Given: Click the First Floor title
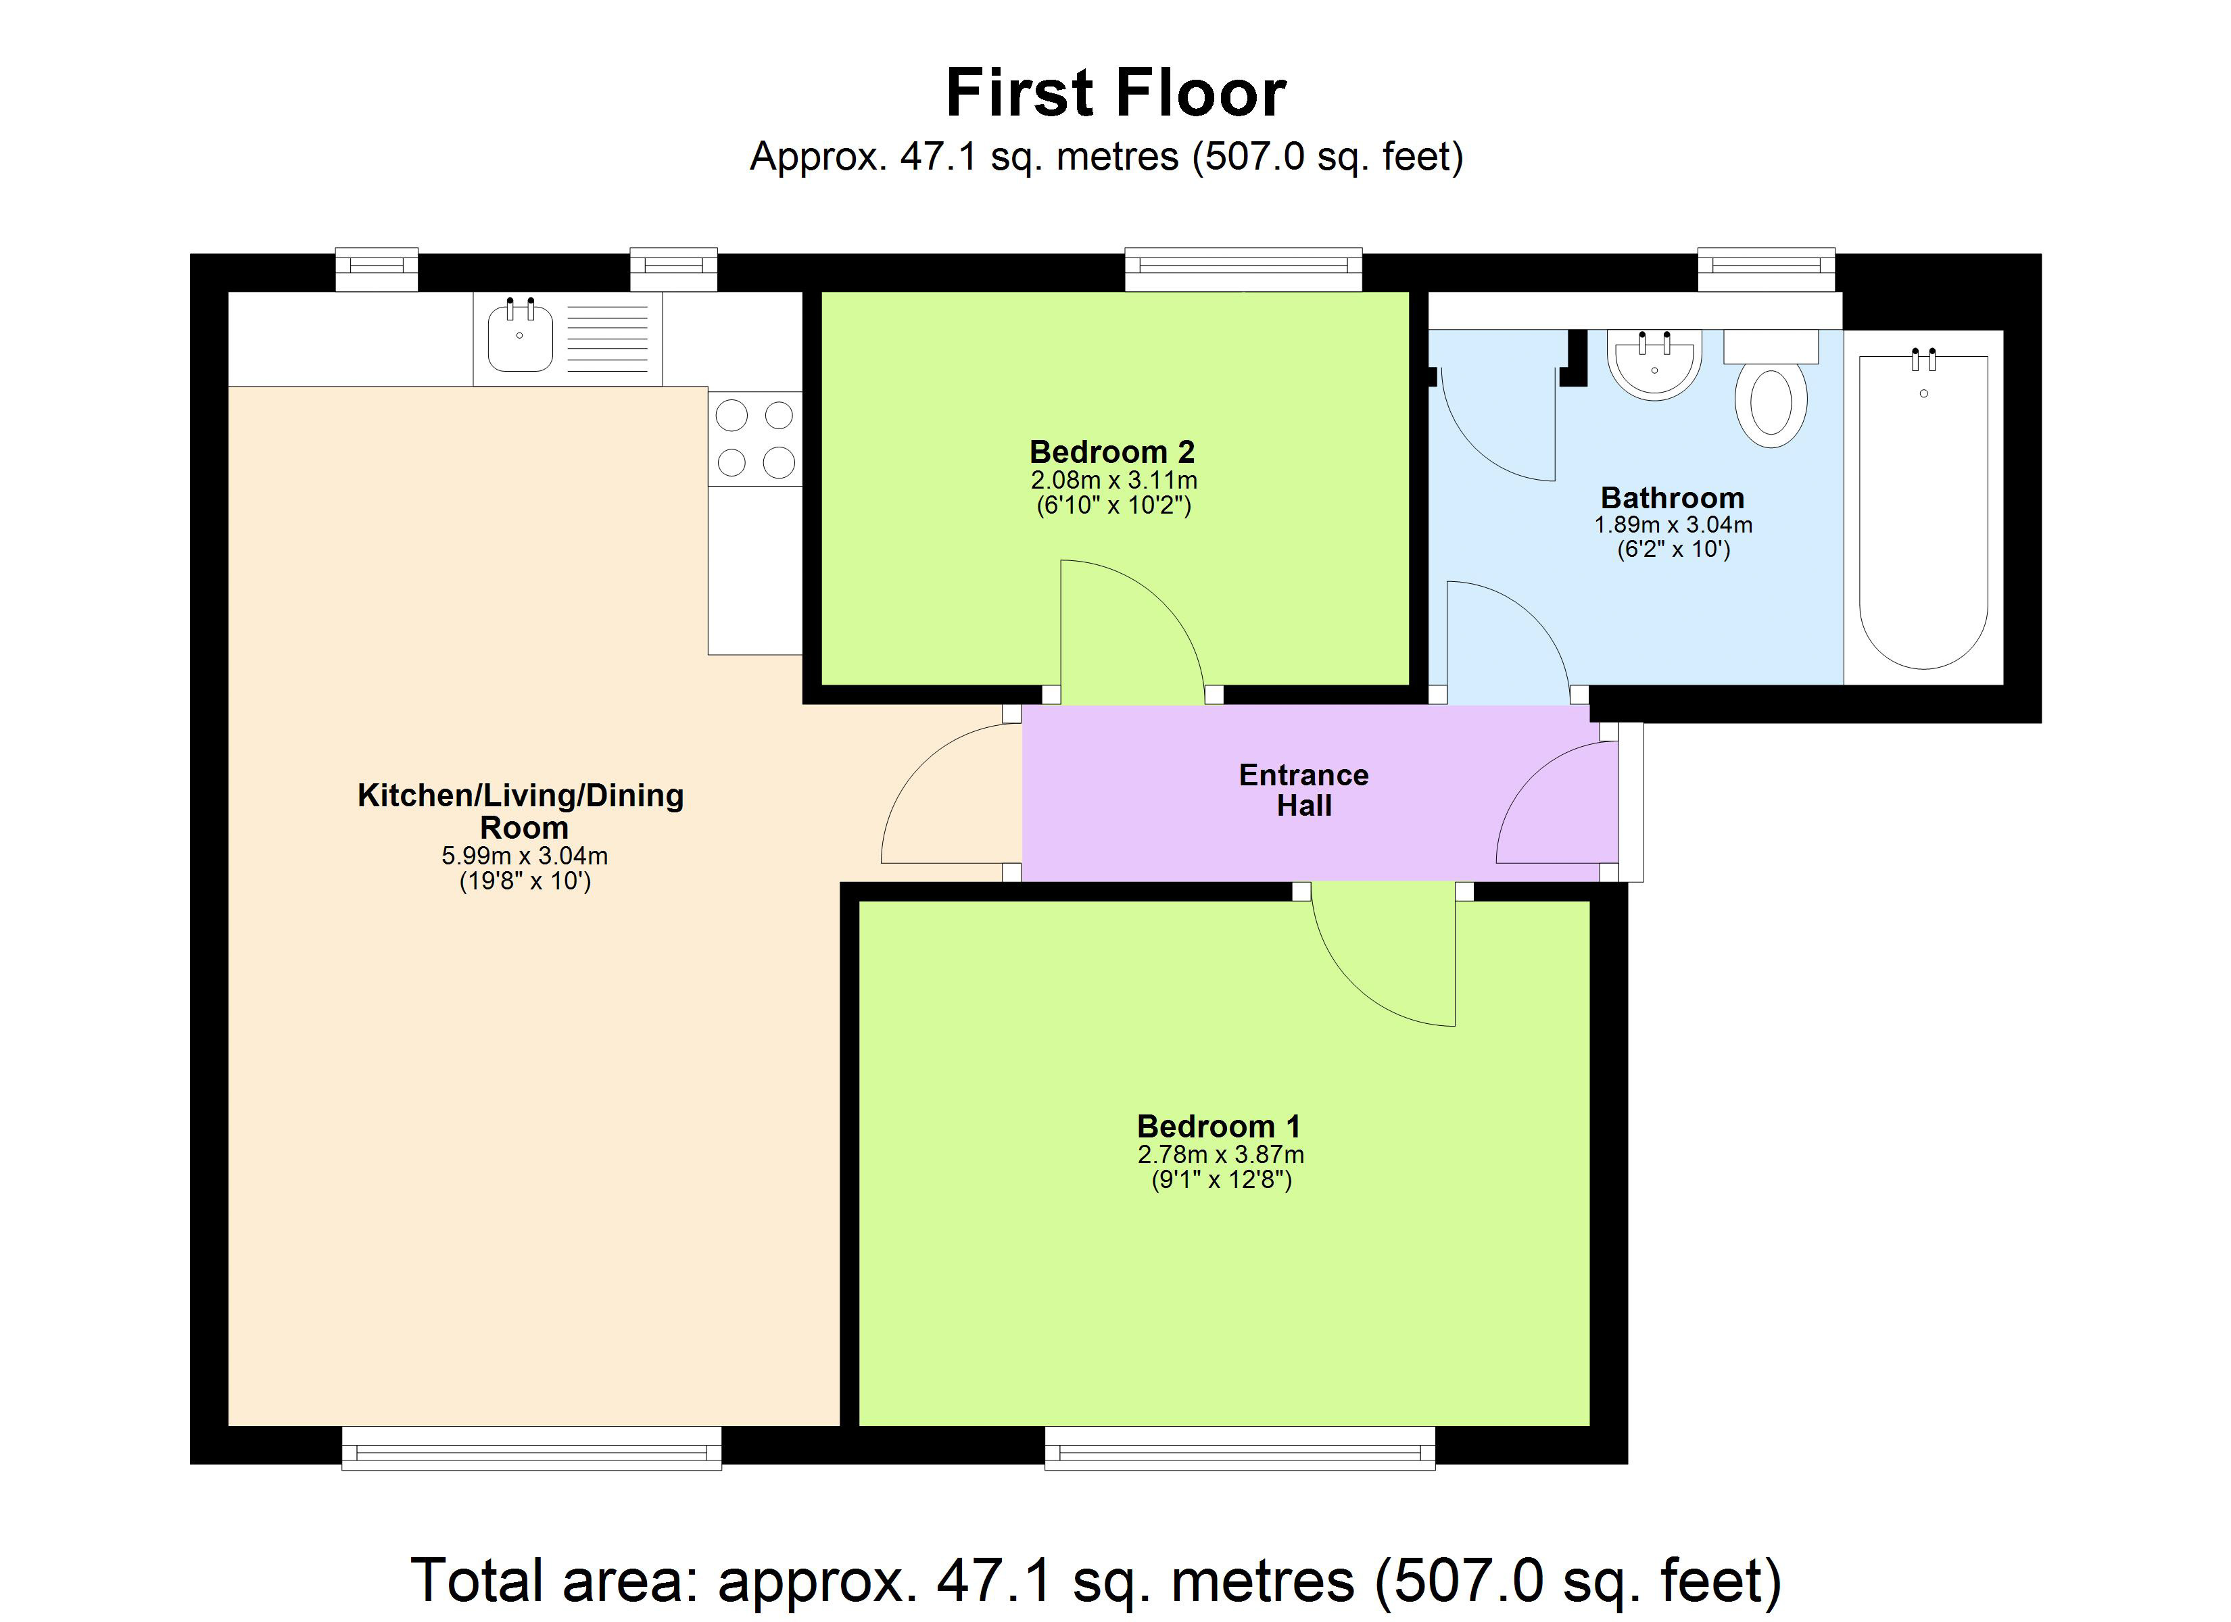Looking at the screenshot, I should [1115, 93].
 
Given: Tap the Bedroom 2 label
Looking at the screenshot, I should [1111, 452].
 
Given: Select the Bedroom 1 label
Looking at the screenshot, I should [1218, 1126].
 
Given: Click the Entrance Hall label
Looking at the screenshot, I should [1303, 790].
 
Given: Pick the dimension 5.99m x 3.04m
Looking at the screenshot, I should [525, 856].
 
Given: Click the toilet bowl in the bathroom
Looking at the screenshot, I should [1771, 403].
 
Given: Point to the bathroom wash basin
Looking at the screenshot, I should [1654, 364].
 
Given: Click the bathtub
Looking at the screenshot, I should [1923, 512].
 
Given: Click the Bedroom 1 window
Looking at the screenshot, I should [1239, 1448].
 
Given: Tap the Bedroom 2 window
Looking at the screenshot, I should [1243, 268].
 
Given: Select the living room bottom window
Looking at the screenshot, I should [531, 1448].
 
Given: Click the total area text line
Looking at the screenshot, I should [1095, 1581].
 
